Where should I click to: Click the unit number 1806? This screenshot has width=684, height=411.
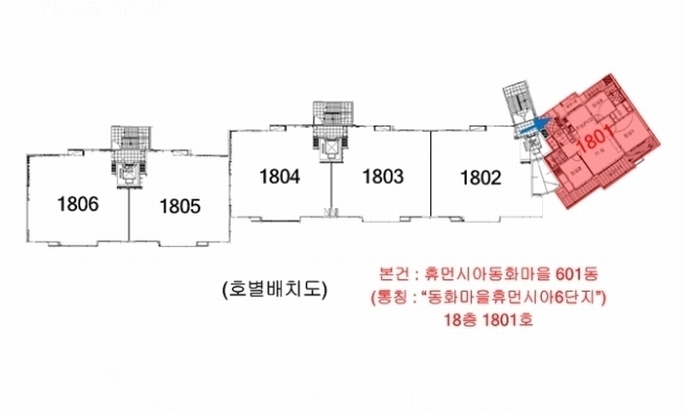click(79, 205)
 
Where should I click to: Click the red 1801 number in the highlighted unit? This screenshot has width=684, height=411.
click(597, 141)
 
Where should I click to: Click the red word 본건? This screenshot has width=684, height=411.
click(393, 275)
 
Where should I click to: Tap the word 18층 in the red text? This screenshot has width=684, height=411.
click(460, 321)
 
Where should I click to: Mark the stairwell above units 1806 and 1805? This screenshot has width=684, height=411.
click(129, 138)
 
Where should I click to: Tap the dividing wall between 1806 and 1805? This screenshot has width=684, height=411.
click(129, 218)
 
